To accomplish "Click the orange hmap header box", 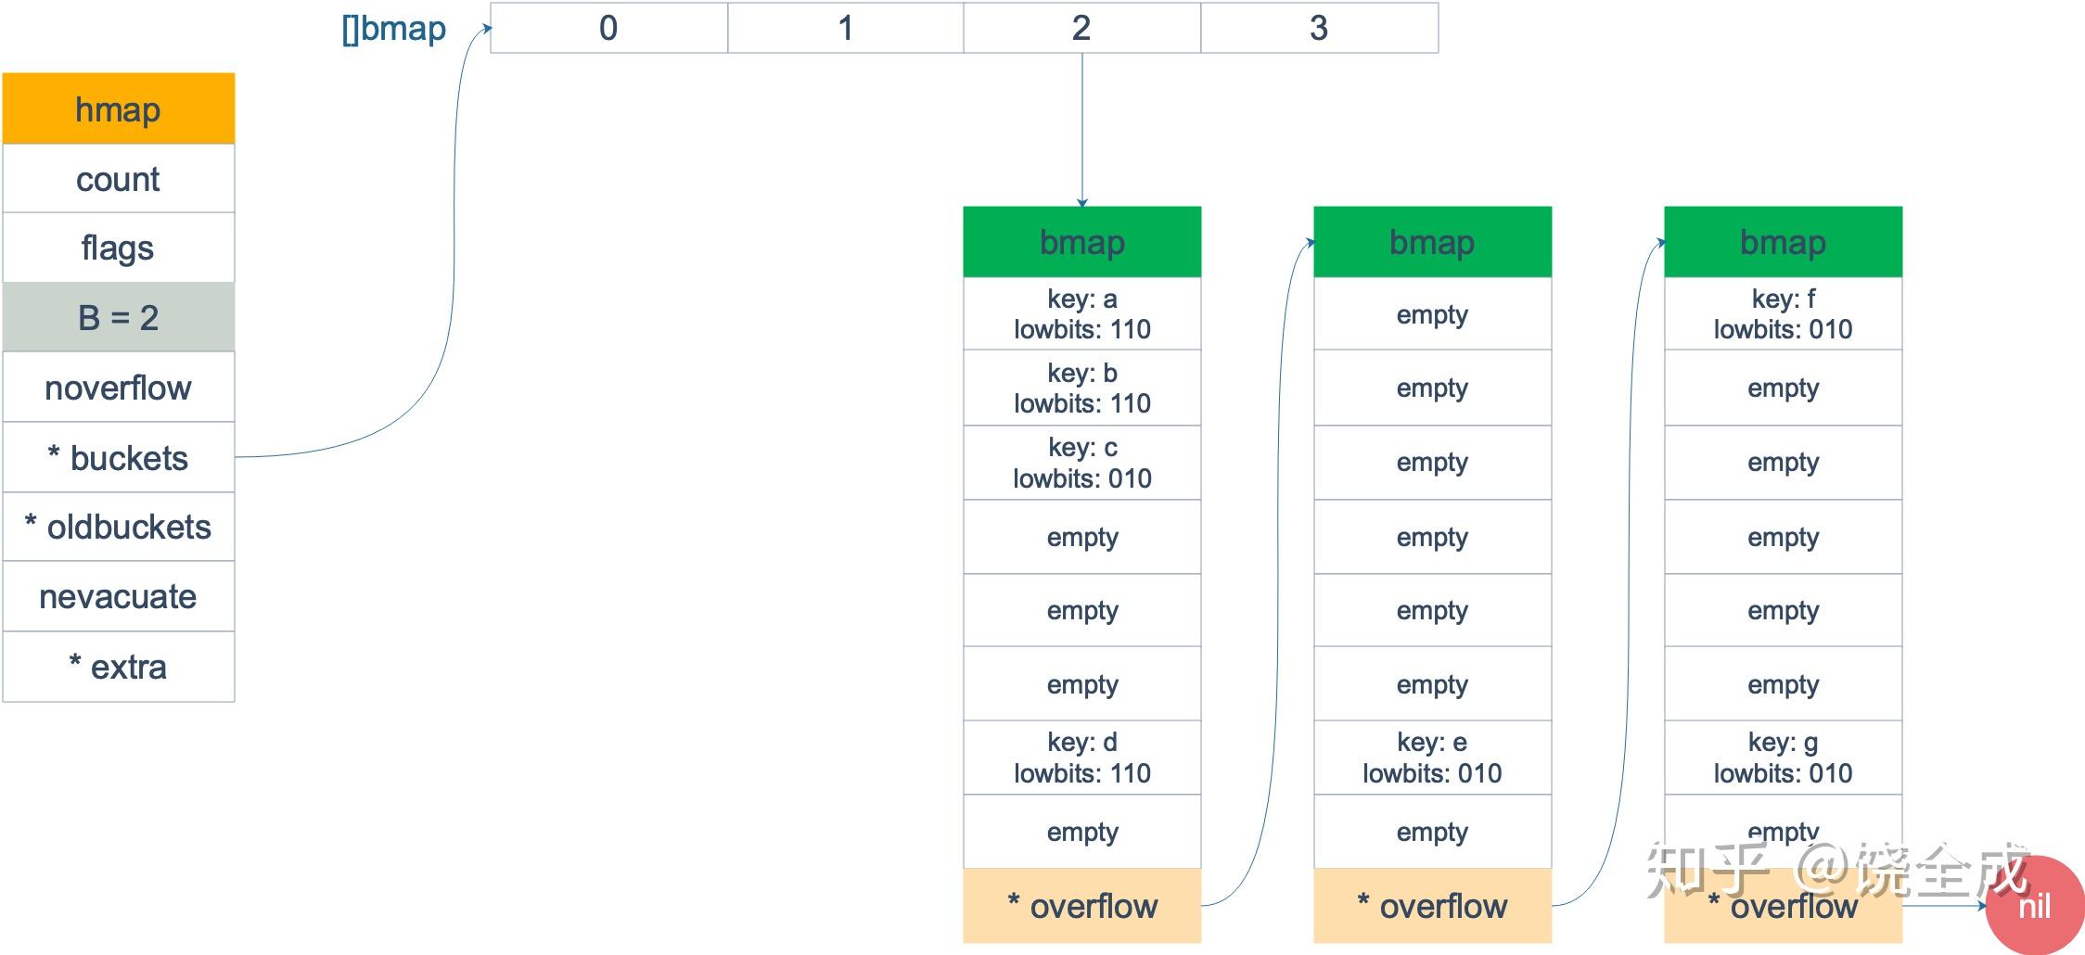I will coord(118,109).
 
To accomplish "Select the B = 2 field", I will coord(118,318).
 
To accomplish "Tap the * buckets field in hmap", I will coord(118,458).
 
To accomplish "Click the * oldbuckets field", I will coord(118,528).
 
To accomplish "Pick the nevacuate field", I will coord(118,597).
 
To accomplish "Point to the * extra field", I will coord(118,668).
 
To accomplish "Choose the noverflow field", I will coord(118,388).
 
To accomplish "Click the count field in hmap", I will coord(118,179).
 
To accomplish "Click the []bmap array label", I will coord(394,29).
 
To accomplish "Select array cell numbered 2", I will coord(1081,29).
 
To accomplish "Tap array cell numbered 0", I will coord(608,29).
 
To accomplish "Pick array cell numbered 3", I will coord(1319,29).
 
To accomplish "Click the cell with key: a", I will coord(1081,314).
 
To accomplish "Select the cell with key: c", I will coord(1081,463).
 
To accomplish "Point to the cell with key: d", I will coord(1081,758).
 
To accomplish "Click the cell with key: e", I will coord(1432,758).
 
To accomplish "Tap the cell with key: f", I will coord(1783,314).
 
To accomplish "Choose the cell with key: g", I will coord(1783,758).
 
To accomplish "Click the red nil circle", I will coord(2036,906).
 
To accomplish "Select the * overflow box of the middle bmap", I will coord(1432,906).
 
